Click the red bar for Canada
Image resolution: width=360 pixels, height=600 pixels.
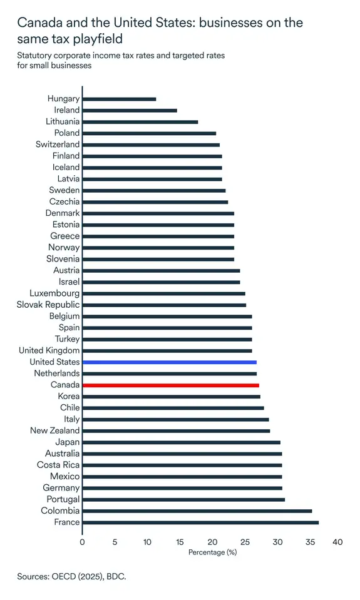tap(170, 385)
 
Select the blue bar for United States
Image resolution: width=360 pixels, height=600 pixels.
tap(169, 362)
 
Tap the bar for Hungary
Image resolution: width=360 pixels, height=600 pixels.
tap(119, 99)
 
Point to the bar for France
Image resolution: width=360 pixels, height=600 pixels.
tap(200, 522)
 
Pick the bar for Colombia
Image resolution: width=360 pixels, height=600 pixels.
tap(197, 511)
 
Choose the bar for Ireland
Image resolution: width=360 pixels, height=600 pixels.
tap(130, 110)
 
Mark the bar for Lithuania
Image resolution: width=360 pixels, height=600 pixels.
tap(140, 122)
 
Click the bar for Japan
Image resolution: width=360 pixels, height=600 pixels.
tap(181, 442)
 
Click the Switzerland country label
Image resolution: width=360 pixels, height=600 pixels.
tap(58, 145)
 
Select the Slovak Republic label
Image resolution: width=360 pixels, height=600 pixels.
tap(49, 305)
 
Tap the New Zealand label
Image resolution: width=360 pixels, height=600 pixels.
tap(55, 431)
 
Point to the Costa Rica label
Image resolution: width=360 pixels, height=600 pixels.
tap(58, 465)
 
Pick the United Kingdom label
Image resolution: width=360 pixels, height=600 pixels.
tap(49, 351)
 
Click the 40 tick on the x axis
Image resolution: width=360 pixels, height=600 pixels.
tap(337, 542)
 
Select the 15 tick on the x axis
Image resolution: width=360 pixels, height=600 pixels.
tap(180, 542)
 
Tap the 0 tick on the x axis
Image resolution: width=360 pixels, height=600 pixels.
tap(83, 542)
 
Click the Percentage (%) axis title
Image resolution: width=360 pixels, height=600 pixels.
tap(212, 552)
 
